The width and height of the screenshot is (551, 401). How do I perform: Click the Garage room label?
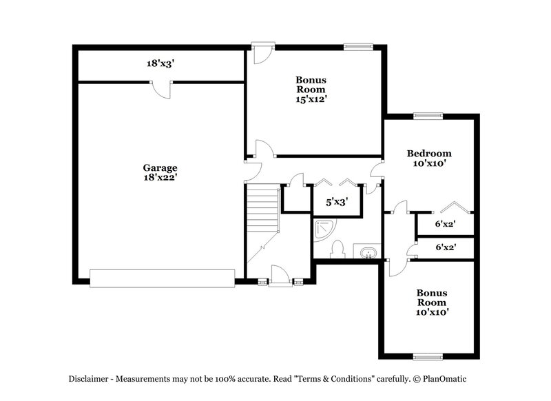160,167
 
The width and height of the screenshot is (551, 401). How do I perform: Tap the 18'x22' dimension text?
160,177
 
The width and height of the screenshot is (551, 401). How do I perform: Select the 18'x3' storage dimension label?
160,63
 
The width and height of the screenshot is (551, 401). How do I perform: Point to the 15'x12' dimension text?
311,99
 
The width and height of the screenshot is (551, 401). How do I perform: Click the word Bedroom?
428,153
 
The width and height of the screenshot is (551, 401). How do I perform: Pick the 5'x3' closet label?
336,203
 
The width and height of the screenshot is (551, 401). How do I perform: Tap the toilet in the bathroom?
338,247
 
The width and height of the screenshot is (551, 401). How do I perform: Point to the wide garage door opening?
162,278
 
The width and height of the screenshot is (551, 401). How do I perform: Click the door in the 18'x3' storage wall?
160,88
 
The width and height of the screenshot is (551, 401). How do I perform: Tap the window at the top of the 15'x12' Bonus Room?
359,47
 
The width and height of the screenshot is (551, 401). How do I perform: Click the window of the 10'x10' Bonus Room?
428,357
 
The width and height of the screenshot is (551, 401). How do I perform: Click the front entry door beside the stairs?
278,278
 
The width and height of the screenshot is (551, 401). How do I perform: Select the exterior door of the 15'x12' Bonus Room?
262,54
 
